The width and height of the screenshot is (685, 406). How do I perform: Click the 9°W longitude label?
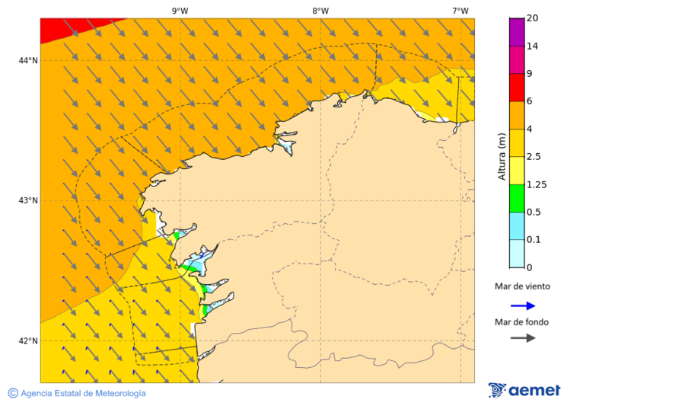point(180,11)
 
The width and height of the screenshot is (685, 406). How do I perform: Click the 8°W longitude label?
point(320,11)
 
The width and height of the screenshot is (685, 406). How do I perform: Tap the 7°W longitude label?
point(460,11)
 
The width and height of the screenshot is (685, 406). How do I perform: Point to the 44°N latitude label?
point(28,60)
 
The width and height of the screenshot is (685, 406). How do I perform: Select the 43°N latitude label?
point(28,200)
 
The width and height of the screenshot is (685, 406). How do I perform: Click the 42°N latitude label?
point(28,340)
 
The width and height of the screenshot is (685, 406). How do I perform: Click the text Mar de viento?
point(522,286)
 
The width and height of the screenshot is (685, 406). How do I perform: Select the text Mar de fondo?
point(522,321)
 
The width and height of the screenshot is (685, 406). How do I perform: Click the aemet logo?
point(524,390)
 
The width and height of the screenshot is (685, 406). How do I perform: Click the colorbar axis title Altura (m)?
point(502,157)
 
